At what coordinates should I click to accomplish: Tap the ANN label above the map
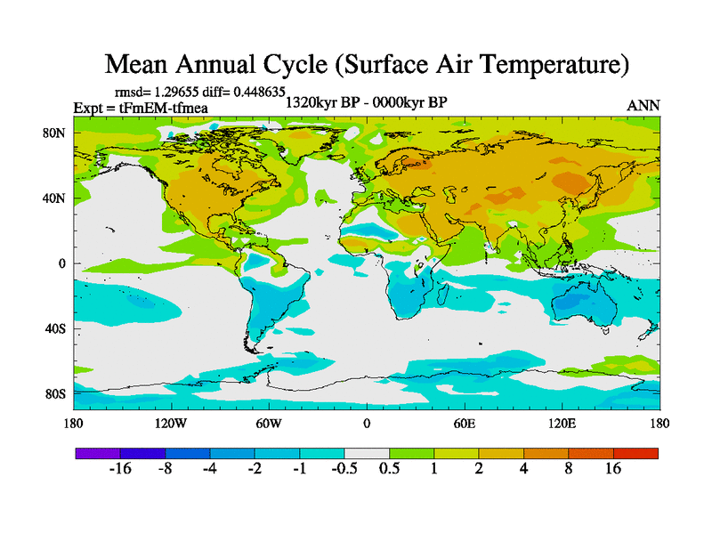click(x=643, y=105)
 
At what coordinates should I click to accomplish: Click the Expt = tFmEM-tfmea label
click(x=133, y=107)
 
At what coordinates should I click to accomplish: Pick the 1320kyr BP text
click(x=321, y=102)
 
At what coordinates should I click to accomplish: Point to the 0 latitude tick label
click(x=62, y=263)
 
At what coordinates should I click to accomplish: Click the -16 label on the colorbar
click(x=119, y=469)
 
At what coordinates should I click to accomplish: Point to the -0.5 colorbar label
click(x=344, y=469)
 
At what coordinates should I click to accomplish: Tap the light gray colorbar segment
click(x=367, y=453)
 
